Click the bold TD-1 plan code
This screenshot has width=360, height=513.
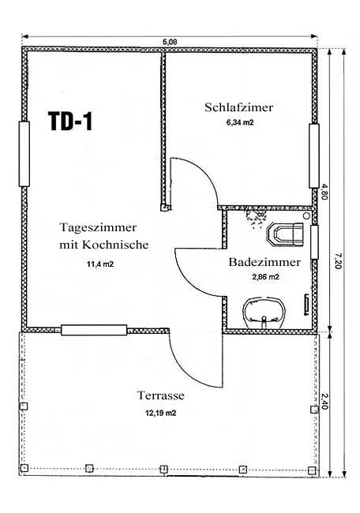[70, 121]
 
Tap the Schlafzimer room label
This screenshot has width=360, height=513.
[239, 107]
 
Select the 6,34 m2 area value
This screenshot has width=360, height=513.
[240, 122]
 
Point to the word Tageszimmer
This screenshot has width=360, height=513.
[98, 227]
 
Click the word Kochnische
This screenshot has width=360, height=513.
[115, 245]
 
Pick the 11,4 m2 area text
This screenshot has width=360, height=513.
[100, 264]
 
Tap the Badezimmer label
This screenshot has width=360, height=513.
[264, 262]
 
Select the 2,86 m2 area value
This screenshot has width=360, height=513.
[265, 277]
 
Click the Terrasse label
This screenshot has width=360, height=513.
[161, 395]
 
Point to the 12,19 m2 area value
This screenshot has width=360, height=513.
[161, 414]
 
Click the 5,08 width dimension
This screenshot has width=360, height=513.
[170, 42]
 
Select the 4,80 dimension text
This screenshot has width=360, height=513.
[324, 192]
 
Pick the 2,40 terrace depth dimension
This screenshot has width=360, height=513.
[324, 401]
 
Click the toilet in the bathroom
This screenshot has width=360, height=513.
[285, 234]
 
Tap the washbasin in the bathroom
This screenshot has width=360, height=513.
[264, 313]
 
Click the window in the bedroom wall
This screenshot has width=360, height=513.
[314, 155]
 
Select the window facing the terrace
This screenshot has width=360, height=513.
[94, 330]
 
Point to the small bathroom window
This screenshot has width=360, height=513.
[314, 242]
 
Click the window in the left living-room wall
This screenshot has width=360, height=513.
[24, 154]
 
